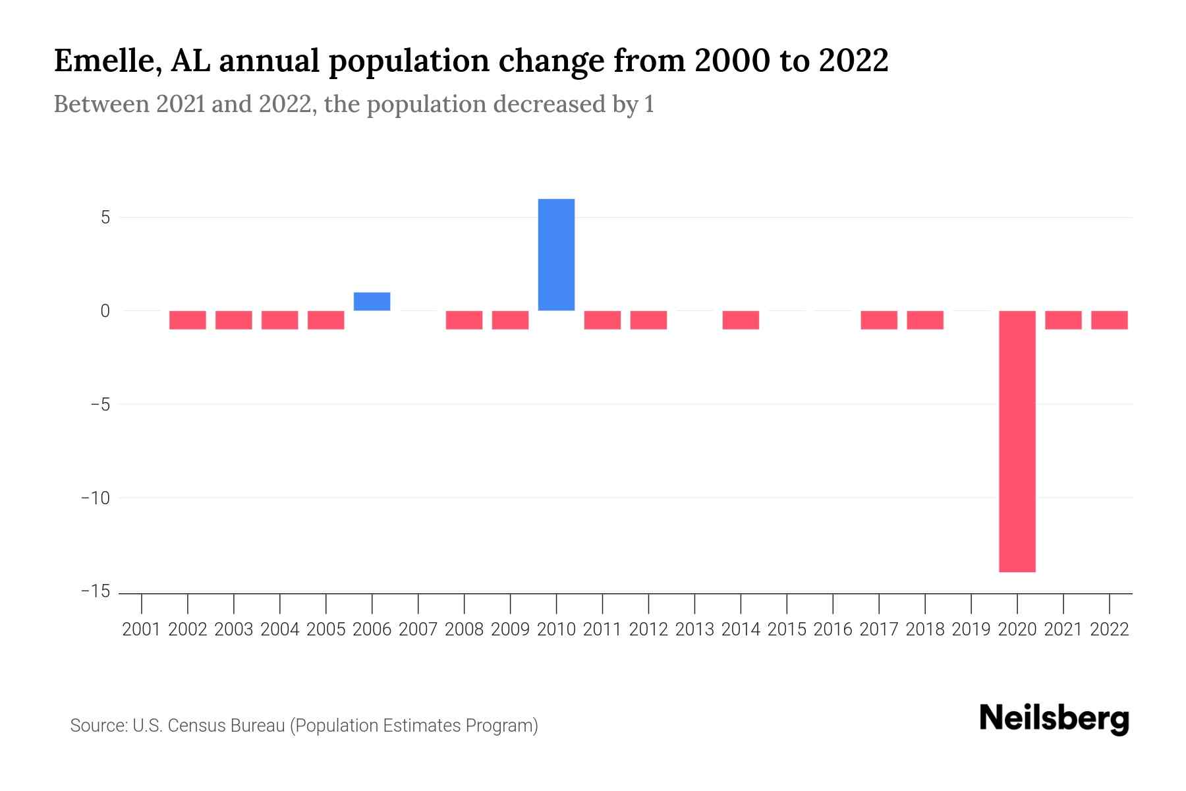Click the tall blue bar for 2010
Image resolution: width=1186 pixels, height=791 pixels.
[556, 254]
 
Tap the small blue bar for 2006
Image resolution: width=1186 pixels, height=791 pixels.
[372, 301]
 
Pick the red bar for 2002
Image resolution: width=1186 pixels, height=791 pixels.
[188, 320]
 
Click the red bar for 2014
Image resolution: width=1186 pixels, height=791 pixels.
[741, 320]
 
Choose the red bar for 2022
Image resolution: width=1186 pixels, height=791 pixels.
[1110, 320]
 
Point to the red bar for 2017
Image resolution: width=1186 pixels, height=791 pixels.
[879, 320]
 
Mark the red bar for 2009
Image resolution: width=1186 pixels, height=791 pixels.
[510, 320]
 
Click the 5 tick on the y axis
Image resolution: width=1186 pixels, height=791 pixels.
[105, 218]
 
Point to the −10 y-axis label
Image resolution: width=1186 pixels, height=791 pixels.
[96, 498]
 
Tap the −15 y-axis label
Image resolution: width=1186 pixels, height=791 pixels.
[96, 591]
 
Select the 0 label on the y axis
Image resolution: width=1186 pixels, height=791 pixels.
[105, 310]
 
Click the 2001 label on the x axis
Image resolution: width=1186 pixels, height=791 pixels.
[142, 630]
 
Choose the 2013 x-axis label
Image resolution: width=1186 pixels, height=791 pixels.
[694, 630]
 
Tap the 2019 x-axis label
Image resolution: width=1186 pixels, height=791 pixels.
[971, 630]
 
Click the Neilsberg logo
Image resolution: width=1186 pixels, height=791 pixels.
[1054, 718]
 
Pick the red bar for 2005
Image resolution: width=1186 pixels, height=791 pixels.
[326, 320]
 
